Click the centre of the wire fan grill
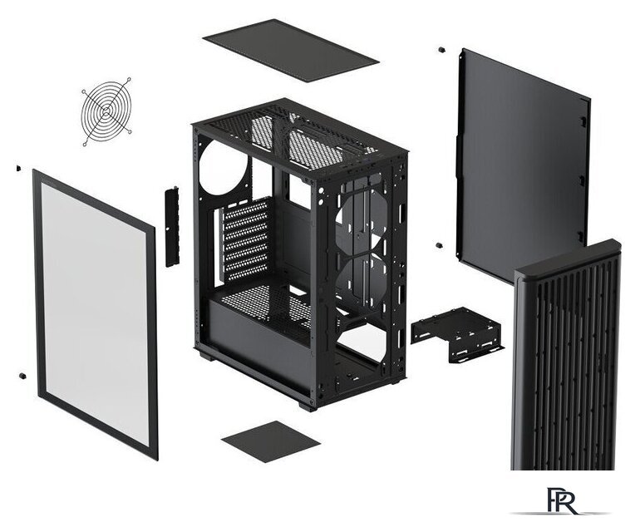(106, 111)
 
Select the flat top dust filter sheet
(291, 50)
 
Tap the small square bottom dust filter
(271, 441)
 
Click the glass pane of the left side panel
(95, 310)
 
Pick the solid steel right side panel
(523, 163)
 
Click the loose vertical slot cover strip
(172, 226)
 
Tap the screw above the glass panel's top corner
(18, 168)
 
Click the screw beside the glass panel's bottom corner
(22, 375)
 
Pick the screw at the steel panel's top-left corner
(441, 50)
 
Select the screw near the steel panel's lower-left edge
(439, 246)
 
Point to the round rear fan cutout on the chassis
(224, 166)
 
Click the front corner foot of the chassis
(308, 406)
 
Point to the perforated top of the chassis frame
(300, 137)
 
